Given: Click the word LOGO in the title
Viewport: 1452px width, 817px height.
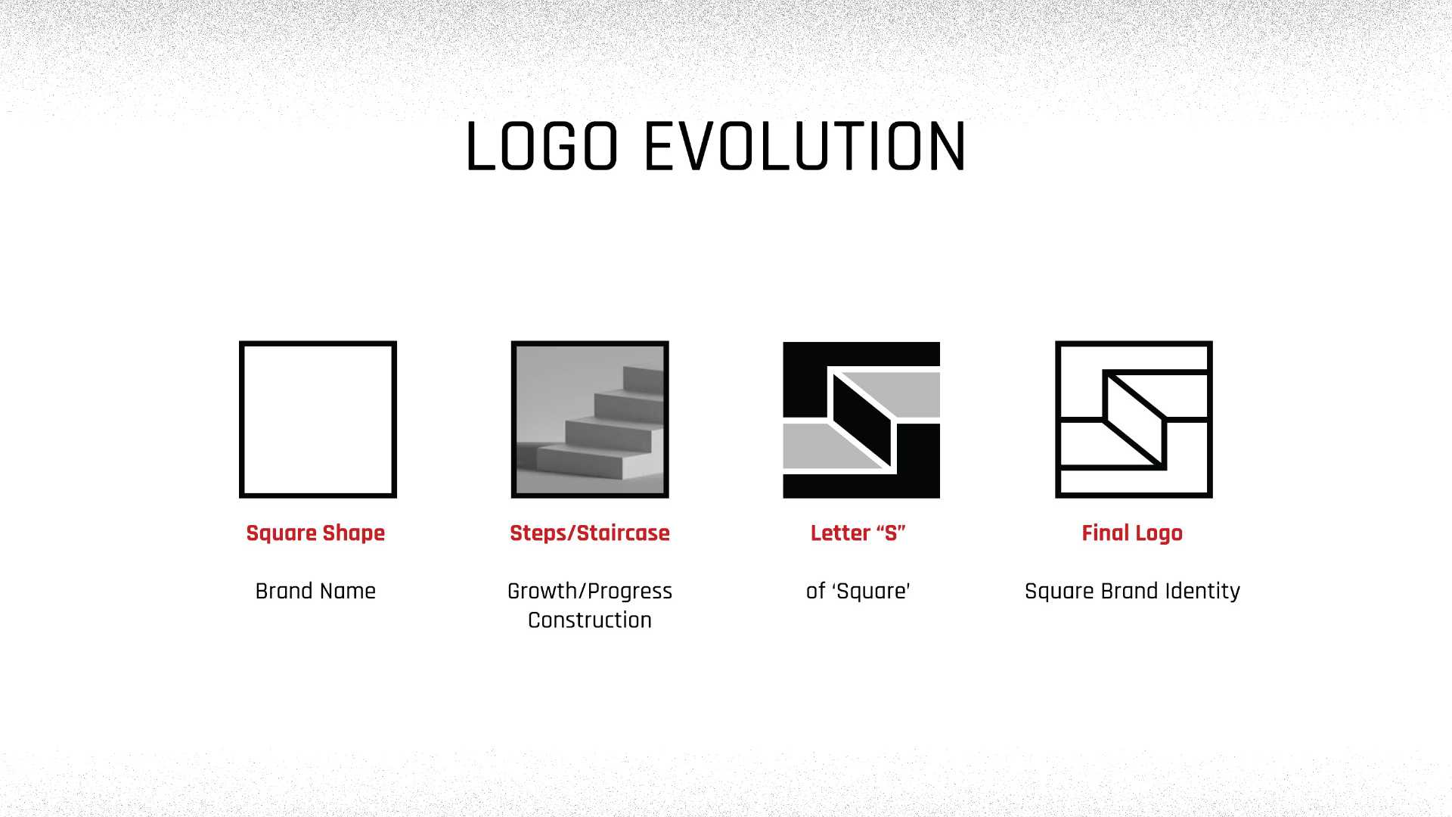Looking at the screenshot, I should click(542, 147).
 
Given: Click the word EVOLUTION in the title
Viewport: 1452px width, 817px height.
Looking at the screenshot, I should click(804, 147).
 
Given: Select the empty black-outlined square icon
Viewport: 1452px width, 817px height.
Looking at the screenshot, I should click(318, 419).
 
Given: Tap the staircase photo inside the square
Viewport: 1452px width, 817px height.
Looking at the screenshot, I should click(590, 419).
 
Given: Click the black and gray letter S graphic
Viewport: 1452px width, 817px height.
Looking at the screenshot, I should click(861, 419).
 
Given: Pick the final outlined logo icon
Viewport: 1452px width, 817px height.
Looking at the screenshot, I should click(1134, 419).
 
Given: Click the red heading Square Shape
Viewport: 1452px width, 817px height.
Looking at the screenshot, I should click(315, 533).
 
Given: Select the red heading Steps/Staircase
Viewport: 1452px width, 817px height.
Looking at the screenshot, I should click(590, 533).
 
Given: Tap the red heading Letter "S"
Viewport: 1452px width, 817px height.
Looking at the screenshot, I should click(858, 533).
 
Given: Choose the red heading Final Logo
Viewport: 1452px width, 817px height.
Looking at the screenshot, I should click(1132, 533).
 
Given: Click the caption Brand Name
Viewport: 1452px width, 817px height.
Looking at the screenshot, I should click(315, 591).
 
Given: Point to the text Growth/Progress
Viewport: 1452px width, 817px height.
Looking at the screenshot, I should click(590, 591).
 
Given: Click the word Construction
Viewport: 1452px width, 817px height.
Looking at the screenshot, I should click(590, 620).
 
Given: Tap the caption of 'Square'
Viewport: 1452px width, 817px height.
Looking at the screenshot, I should click(858, 591).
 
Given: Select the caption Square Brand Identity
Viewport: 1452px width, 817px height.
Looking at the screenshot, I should click(1132, 591).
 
